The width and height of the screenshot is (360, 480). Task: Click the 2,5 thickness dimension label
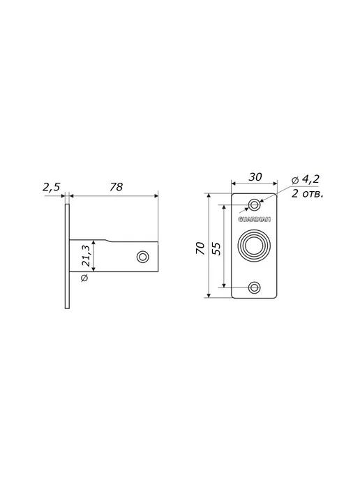52,187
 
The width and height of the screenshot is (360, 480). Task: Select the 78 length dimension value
117,187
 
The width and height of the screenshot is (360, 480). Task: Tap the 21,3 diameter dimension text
86,255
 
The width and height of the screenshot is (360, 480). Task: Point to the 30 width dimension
255,177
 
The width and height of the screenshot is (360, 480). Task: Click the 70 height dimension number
200,248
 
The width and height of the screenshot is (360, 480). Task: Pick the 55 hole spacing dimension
216,248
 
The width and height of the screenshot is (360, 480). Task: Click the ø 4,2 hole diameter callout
306,179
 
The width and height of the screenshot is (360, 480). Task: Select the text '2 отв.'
307,194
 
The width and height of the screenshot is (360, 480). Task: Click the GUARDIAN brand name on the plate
254,219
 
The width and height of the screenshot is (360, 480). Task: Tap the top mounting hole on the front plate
254,204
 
